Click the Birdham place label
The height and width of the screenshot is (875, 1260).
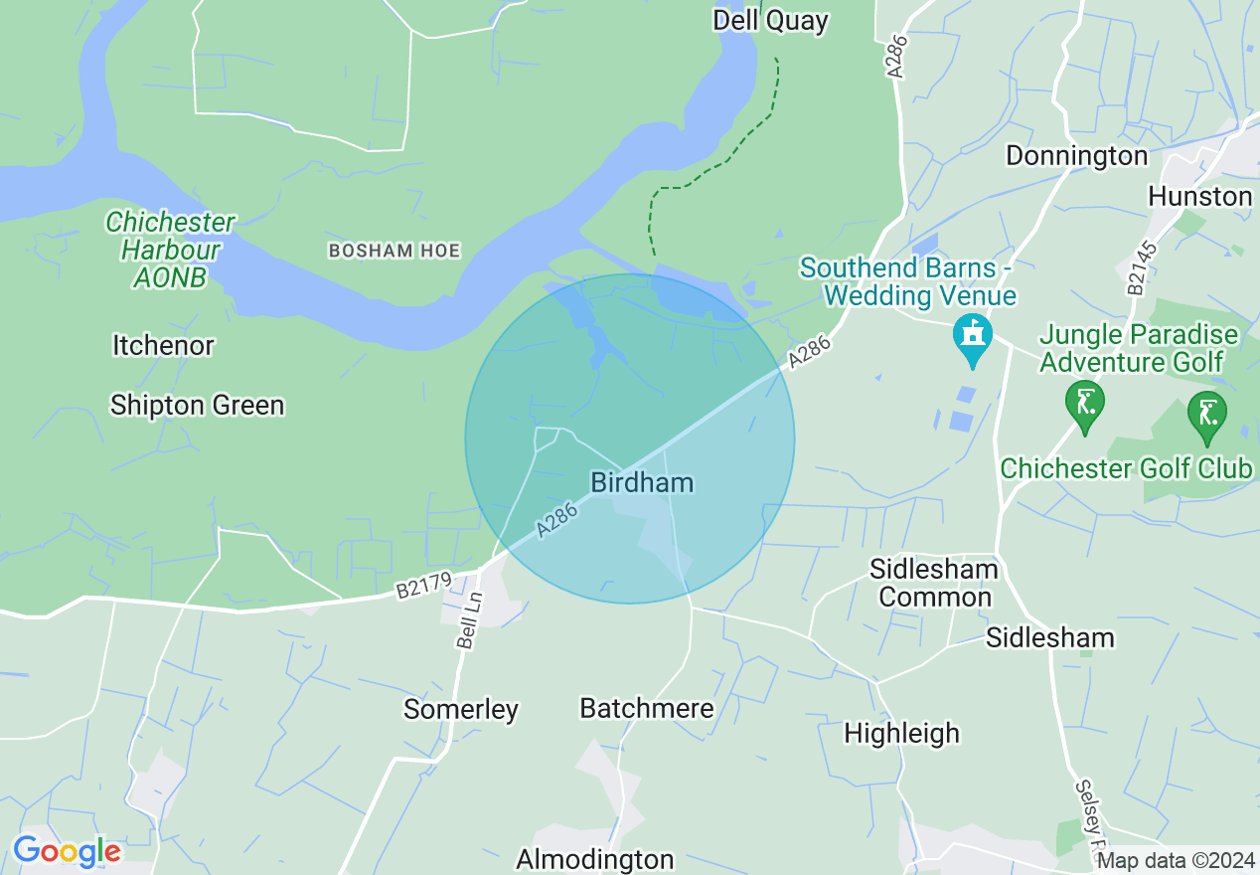pyautogui.click(x=642, y=483)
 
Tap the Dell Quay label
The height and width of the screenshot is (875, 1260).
pyautogui.click(x=770, y=21)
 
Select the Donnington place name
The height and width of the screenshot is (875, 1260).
pyautogui.click(x=1076, y=156)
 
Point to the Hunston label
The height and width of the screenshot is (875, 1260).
pyautogui.click(x=1199, y=197)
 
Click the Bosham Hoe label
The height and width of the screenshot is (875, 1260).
pyautogui.click(x=394, y=251)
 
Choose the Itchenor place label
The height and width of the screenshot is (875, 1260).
pyautogui.click(x=163, y=346)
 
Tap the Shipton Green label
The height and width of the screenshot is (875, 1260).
pyautogui.click(x=197, y=406)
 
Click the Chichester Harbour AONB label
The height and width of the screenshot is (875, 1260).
pyautogui.click(x=170, y=250)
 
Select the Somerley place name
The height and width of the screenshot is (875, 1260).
pyautogui.click(x=461, y=710)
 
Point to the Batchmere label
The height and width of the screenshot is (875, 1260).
pyautogui.click(x=647, y=709)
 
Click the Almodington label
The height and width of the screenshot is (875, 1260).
pyautogui.click(x=594, y=859)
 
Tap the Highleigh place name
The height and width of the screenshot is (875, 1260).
pyautogui.click(x=901, y=734)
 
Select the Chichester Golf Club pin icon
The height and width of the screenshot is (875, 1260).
pyautogui.click(x=1207, y=417)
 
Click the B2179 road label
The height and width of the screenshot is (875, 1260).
pyautogui.click(x=422, y=587)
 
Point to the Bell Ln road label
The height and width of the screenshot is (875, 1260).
pyautogui.click(x=470, y=619)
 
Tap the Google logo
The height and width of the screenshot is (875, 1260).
pyautogui.click(x=67, y=852)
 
